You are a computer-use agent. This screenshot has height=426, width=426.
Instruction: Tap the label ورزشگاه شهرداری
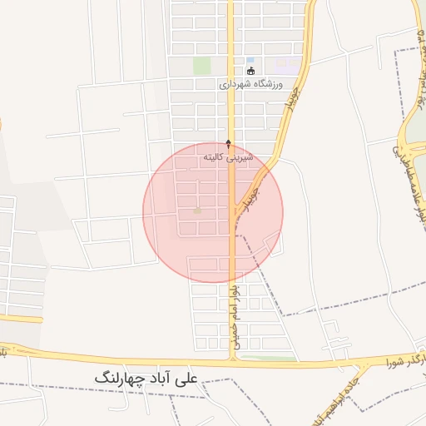tap(251, 85)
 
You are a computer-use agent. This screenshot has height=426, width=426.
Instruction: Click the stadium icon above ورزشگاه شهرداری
tap(251, 71)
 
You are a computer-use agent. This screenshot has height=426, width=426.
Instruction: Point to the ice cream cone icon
tap(229, 143)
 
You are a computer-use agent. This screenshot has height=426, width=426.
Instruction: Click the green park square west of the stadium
tap(201, 65)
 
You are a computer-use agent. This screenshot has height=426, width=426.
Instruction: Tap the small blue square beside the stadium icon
tap(250, 60)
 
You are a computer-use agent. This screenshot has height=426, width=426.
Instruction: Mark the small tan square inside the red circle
tap(197, 210)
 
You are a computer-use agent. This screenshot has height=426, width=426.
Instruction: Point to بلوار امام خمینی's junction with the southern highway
tap(234, 361)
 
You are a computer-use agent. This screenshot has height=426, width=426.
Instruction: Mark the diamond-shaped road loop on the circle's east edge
tap(267, 246)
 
